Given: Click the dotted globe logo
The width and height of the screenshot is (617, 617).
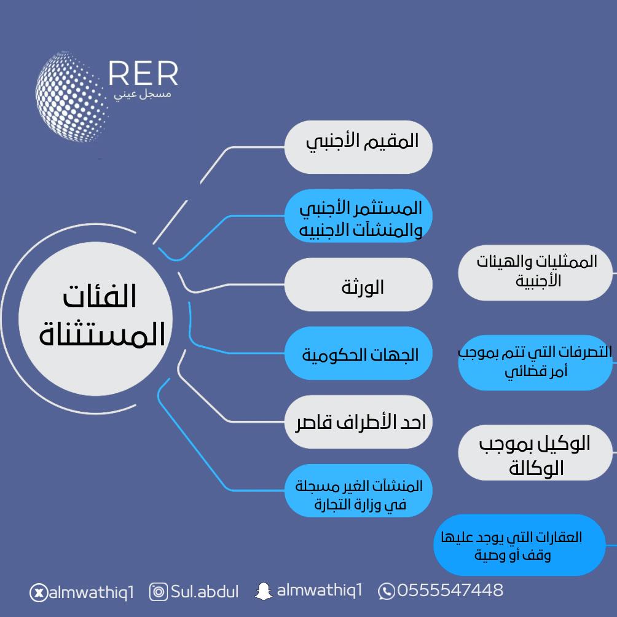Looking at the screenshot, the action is point(71,96).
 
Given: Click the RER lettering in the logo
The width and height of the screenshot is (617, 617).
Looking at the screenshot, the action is point(143,74).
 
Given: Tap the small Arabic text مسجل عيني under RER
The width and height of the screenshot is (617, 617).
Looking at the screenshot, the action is point(143,95).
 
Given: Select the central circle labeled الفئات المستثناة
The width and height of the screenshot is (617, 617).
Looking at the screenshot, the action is point(96,319).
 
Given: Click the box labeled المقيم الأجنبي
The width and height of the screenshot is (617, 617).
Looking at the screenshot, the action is point(358,147).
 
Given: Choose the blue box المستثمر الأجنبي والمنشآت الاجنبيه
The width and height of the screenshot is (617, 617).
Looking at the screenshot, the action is point(358,216).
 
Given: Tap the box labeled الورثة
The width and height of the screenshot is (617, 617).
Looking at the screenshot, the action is point(358,285).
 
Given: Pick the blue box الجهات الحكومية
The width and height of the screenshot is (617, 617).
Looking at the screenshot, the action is point(358,353).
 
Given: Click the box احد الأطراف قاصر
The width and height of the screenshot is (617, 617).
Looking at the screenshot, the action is point(358,422).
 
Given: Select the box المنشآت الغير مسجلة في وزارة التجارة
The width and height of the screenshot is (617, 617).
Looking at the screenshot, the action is point(358,490).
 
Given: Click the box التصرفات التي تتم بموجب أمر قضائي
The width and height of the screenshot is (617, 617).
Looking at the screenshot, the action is point(535,363).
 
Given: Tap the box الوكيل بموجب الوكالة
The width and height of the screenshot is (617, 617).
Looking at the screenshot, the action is point(535,452).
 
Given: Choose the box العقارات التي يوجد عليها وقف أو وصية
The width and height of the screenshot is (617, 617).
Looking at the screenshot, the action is point(519,545).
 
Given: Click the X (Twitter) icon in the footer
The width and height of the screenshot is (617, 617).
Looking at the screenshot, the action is point(39,592).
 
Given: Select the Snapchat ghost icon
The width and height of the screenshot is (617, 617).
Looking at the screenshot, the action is point(263,591).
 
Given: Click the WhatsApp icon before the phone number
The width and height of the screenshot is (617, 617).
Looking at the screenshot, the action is point(387,591).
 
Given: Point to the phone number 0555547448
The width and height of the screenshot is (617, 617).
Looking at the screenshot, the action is point(450,590).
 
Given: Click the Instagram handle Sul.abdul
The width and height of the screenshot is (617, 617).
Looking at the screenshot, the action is point(205,591).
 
